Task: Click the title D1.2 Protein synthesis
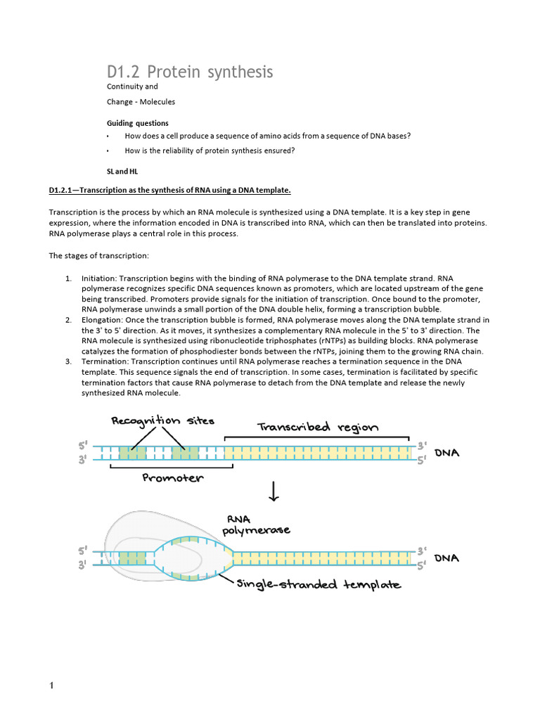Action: point(190,72)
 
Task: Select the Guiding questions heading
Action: point(137,123)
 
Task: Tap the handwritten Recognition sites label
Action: point(162,421)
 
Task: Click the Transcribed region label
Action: point(318,427)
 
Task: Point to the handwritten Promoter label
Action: point(172,478)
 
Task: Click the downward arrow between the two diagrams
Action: point(274,493)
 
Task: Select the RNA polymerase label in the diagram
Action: point(246,525)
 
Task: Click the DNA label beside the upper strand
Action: point(446,454)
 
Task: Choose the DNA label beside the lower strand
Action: point(446,558)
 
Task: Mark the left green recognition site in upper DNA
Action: point(131,453)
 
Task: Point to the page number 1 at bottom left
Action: point(52,686)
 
